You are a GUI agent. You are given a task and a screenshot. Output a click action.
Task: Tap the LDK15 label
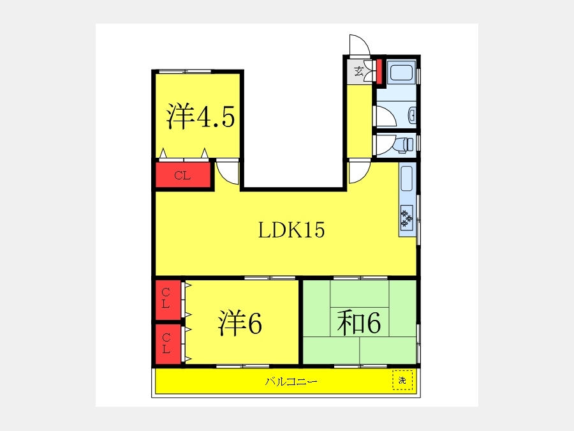point(291,230)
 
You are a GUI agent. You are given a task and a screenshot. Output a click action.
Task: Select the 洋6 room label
point(240,322)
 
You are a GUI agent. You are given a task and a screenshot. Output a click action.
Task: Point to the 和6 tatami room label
point(358,322)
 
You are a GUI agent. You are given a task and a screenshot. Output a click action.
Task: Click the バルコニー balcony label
point(291,382)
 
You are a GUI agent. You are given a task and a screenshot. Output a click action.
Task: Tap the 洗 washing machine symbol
point(402,380)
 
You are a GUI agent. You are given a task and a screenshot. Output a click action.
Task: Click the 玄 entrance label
point(358,71)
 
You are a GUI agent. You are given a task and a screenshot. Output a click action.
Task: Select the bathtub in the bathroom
point(401,73)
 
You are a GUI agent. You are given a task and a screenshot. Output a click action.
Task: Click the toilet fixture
point(404,144)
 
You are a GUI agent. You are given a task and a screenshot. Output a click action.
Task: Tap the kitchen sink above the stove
point(407,179)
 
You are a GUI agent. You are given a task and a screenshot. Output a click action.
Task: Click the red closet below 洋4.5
point(183,175)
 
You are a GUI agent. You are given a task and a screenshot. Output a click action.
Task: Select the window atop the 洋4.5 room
point(185,71)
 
